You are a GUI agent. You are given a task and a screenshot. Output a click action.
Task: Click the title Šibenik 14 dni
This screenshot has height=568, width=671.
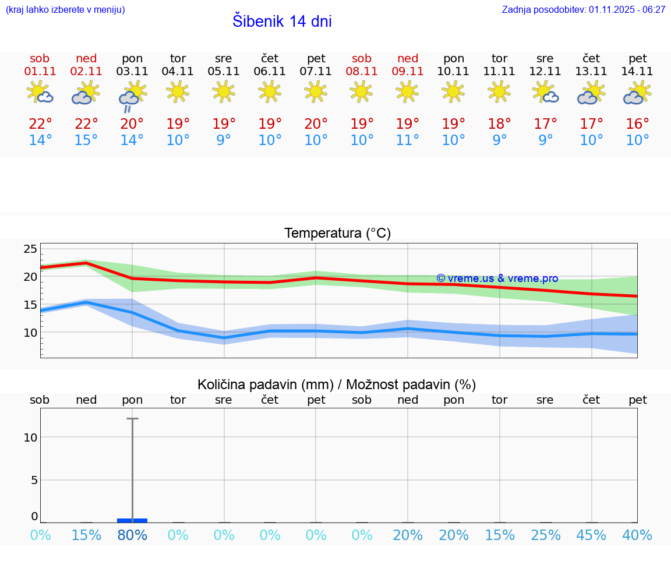(x=282, y=22)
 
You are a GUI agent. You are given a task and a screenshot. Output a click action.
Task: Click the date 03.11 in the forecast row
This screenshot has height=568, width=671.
(x=132, y=72)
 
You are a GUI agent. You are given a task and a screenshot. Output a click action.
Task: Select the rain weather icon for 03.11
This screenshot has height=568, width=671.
(x=132, y=96)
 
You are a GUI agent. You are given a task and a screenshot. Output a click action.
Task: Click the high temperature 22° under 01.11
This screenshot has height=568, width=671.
(x=40, y=124)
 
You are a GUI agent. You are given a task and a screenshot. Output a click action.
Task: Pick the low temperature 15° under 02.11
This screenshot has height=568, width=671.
(x=86, y=140)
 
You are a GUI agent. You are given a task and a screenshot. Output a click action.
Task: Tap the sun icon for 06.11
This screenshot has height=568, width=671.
(x=270, y=91)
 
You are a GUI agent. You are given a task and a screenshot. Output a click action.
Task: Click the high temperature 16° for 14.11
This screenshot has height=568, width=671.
(x=638, y=124)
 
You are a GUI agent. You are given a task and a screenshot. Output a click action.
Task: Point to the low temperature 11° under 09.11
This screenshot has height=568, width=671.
(x=408, y=140)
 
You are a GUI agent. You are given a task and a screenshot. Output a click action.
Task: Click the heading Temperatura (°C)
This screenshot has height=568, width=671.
(x=337, y=234)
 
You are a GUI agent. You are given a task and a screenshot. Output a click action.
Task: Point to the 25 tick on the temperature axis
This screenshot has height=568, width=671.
(x=30, y=249)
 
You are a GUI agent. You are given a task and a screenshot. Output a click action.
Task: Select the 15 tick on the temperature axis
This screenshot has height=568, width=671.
(x=30, y=305)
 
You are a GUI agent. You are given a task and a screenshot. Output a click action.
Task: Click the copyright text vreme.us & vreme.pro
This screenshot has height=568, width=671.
(x=497, y=278)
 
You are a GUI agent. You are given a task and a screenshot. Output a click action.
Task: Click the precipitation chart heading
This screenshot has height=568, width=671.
(x=337, y=384)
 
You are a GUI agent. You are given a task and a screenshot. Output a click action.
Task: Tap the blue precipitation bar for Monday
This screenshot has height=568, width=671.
(x=132, y=520)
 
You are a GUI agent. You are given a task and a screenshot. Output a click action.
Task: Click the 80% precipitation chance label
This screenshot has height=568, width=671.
(x=132, y=535)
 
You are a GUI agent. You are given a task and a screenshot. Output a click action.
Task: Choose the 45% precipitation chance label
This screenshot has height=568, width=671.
(x=592, y=535)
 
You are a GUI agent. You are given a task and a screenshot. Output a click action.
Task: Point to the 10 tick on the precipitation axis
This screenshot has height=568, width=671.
(x=30, y=438)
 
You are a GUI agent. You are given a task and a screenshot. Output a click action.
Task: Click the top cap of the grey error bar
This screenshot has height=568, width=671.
(x=132, y=418)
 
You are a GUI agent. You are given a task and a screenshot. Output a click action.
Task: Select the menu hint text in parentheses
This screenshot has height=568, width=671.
(x=65, y=9)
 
